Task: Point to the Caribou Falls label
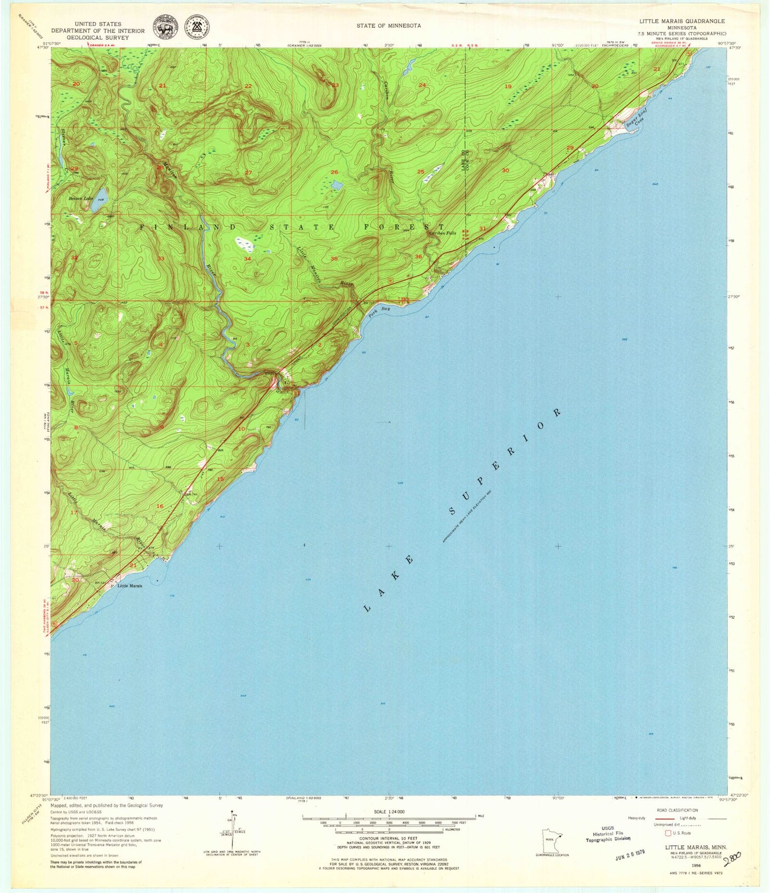(442, 233)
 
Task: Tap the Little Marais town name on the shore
(130, 586)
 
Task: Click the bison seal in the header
(164, 26)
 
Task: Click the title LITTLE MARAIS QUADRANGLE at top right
(682, 21)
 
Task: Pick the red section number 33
(161, 259)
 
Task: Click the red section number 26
(335, 172)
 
